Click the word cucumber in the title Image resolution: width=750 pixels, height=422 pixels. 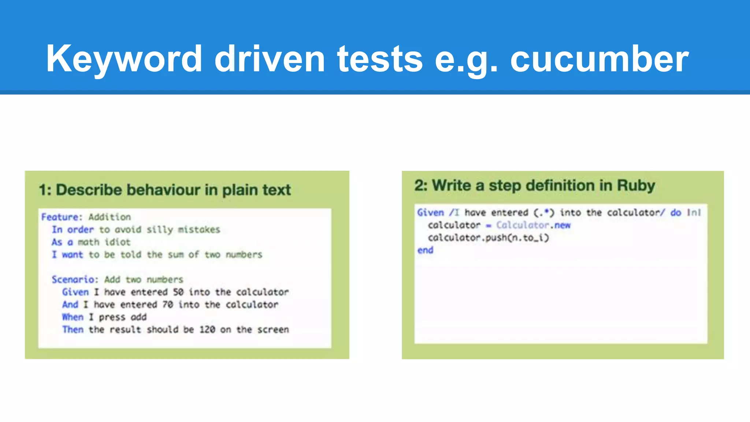(x=599, y=59)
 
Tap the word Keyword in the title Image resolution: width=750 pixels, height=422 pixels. (x=124, y=59)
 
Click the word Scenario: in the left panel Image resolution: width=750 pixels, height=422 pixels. (x=75, y=280)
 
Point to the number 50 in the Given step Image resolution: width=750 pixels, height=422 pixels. (x=178, y=292)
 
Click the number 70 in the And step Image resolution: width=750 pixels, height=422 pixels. (x=167, y=304)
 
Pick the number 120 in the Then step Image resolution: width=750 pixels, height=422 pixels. (x=207, y=329)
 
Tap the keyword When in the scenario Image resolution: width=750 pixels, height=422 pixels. (x=73, y=317)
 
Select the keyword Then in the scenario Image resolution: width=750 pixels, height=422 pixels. (x=73, y=329)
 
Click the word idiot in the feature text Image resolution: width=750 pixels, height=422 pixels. (x=117, y=242)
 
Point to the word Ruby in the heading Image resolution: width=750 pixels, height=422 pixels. (x=636, y=186)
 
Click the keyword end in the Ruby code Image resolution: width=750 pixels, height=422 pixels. (x=425, y=250)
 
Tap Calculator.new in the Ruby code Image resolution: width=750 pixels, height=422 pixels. (x=533, y=225)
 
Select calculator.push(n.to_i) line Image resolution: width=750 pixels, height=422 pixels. (x=488, y=238)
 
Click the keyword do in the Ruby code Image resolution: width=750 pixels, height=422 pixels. (x=676, y=212)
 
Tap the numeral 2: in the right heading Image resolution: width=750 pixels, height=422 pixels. (x=421, y=186)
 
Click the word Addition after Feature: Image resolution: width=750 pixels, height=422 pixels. (x=109, y=217)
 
